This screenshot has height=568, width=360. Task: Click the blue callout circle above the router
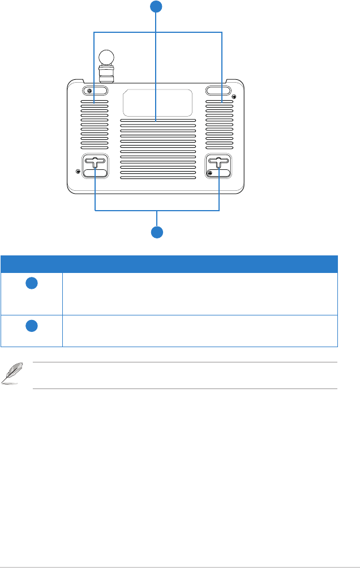pos(157,7)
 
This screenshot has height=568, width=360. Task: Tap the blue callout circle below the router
pos(157,232)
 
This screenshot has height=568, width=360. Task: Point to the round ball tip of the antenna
pos(106,57)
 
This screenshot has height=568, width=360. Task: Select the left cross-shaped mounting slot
pos(95,163)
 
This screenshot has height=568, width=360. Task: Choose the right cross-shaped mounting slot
pos(218,163)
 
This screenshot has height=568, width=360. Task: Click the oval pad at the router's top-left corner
pos(95,91)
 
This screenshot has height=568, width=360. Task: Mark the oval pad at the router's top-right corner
pos(218,91)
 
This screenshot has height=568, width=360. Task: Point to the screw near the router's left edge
pos(78,170)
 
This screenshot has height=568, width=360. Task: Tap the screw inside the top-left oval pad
pos(88,91)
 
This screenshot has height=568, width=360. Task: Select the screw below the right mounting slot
pos(211,173)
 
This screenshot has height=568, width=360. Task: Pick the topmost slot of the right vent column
pos(218,103)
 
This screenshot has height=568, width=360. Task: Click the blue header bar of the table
pos(169,264)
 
